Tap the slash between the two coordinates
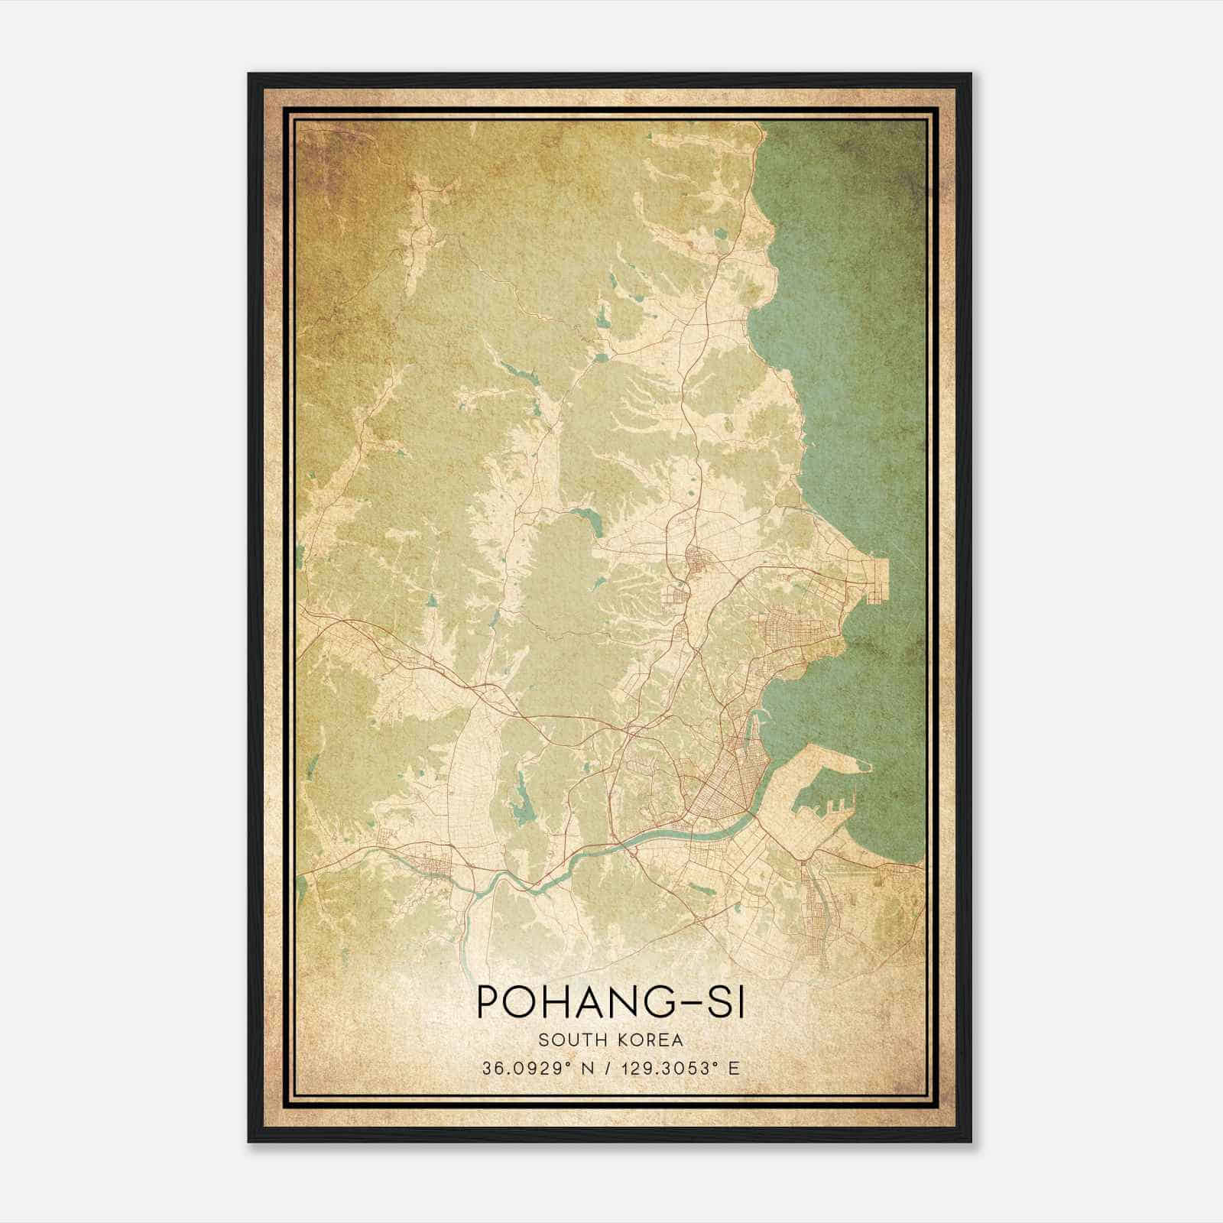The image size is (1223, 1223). coord(608,1069)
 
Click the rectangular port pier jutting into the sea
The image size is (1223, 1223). coord(879,581)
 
